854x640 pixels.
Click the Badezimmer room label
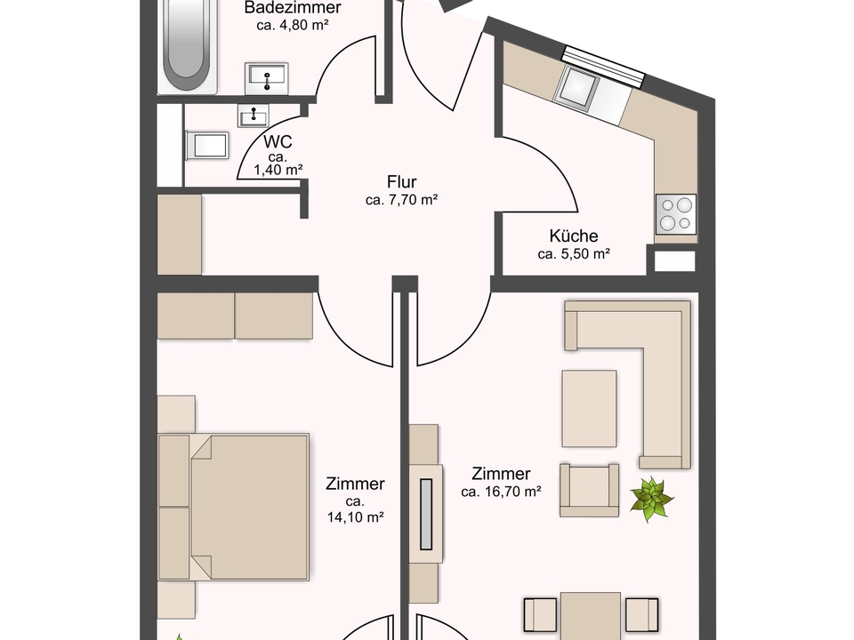(x=293, y=8)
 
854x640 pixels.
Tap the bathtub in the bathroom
(x=188, y=46)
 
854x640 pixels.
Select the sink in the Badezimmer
(x=266, y=78)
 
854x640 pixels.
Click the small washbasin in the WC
(x=254, y=116)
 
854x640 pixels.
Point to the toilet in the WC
(x=207, y=146)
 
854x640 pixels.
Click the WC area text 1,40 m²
(x=278, y=170)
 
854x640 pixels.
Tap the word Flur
(x=402, y=181)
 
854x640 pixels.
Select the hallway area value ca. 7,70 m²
(x=402, y=200)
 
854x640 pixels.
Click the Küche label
(x=574, y=236)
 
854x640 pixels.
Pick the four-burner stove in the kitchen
(x=676, y=214)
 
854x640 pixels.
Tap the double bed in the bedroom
(x=234, y=507)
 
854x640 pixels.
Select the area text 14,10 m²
(x=356, y=517)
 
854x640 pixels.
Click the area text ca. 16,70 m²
(x=501, y=492)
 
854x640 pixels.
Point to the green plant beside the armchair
(x=651, y=499)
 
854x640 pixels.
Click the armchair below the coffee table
(x=589, y=490)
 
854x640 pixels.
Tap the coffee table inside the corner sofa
(x=589, y=409)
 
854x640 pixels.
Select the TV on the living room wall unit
(x=426, y=515)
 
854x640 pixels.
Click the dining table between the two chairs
(x=591, y=616)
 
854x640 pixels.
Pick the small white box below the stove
(x=675, y=261)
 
